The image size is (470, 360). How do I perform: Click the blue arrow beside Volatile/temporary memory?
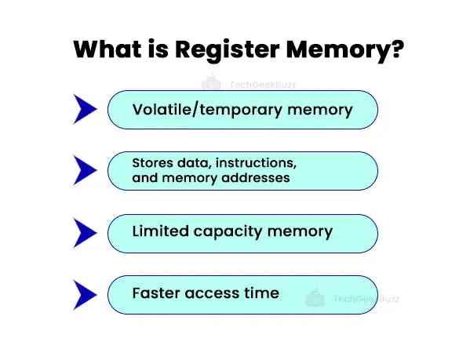(85, 109)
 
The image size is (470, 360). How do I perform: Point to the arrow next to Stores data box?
(85, 170)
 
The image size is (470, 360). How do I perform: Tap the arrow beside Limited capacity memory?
(85, 232)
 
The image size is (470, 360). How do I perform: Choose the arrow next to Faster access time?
(85, 294)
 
